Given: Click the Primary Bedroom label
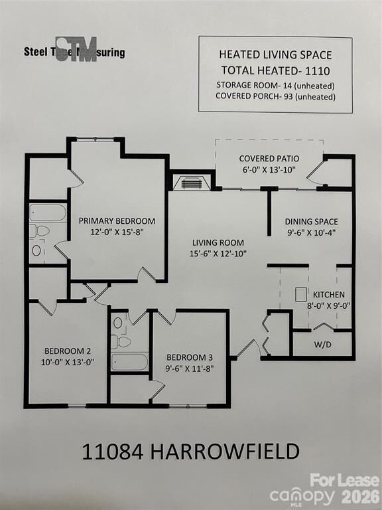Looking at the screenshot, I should [117, 220].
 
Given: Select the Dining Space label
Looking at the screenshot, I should [311, 221].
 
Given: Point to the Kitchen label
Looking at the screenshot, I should [329, 294].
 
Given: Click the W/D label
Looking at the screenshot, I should [322, 345].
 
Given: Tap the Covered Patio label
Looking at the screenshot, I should [269, 158].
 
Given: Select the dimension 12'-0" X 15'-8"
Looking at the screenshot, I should [117, 232].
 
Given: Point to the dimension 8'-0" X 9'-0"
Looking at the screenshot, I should [329, 306].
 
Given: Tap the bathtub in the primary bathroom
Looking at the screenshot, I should [48, 212].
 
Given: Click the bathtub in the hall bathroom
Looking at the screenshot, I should [129, 361].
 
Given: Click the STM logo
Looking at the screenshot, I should [76, 50].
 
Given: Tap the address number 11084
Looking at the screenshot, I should [110, 452].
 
